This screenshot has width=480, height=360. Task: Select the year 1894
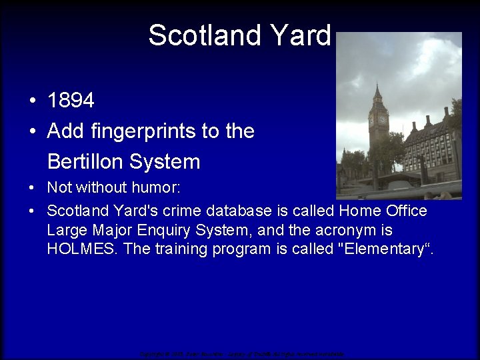point(71,101)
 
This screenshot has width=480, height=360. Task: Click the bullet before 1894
point(32,101)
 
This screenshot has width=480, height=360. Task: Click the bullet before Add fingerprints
point(32,132)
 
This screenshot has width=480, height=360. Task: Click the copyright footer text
point(241,353)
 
